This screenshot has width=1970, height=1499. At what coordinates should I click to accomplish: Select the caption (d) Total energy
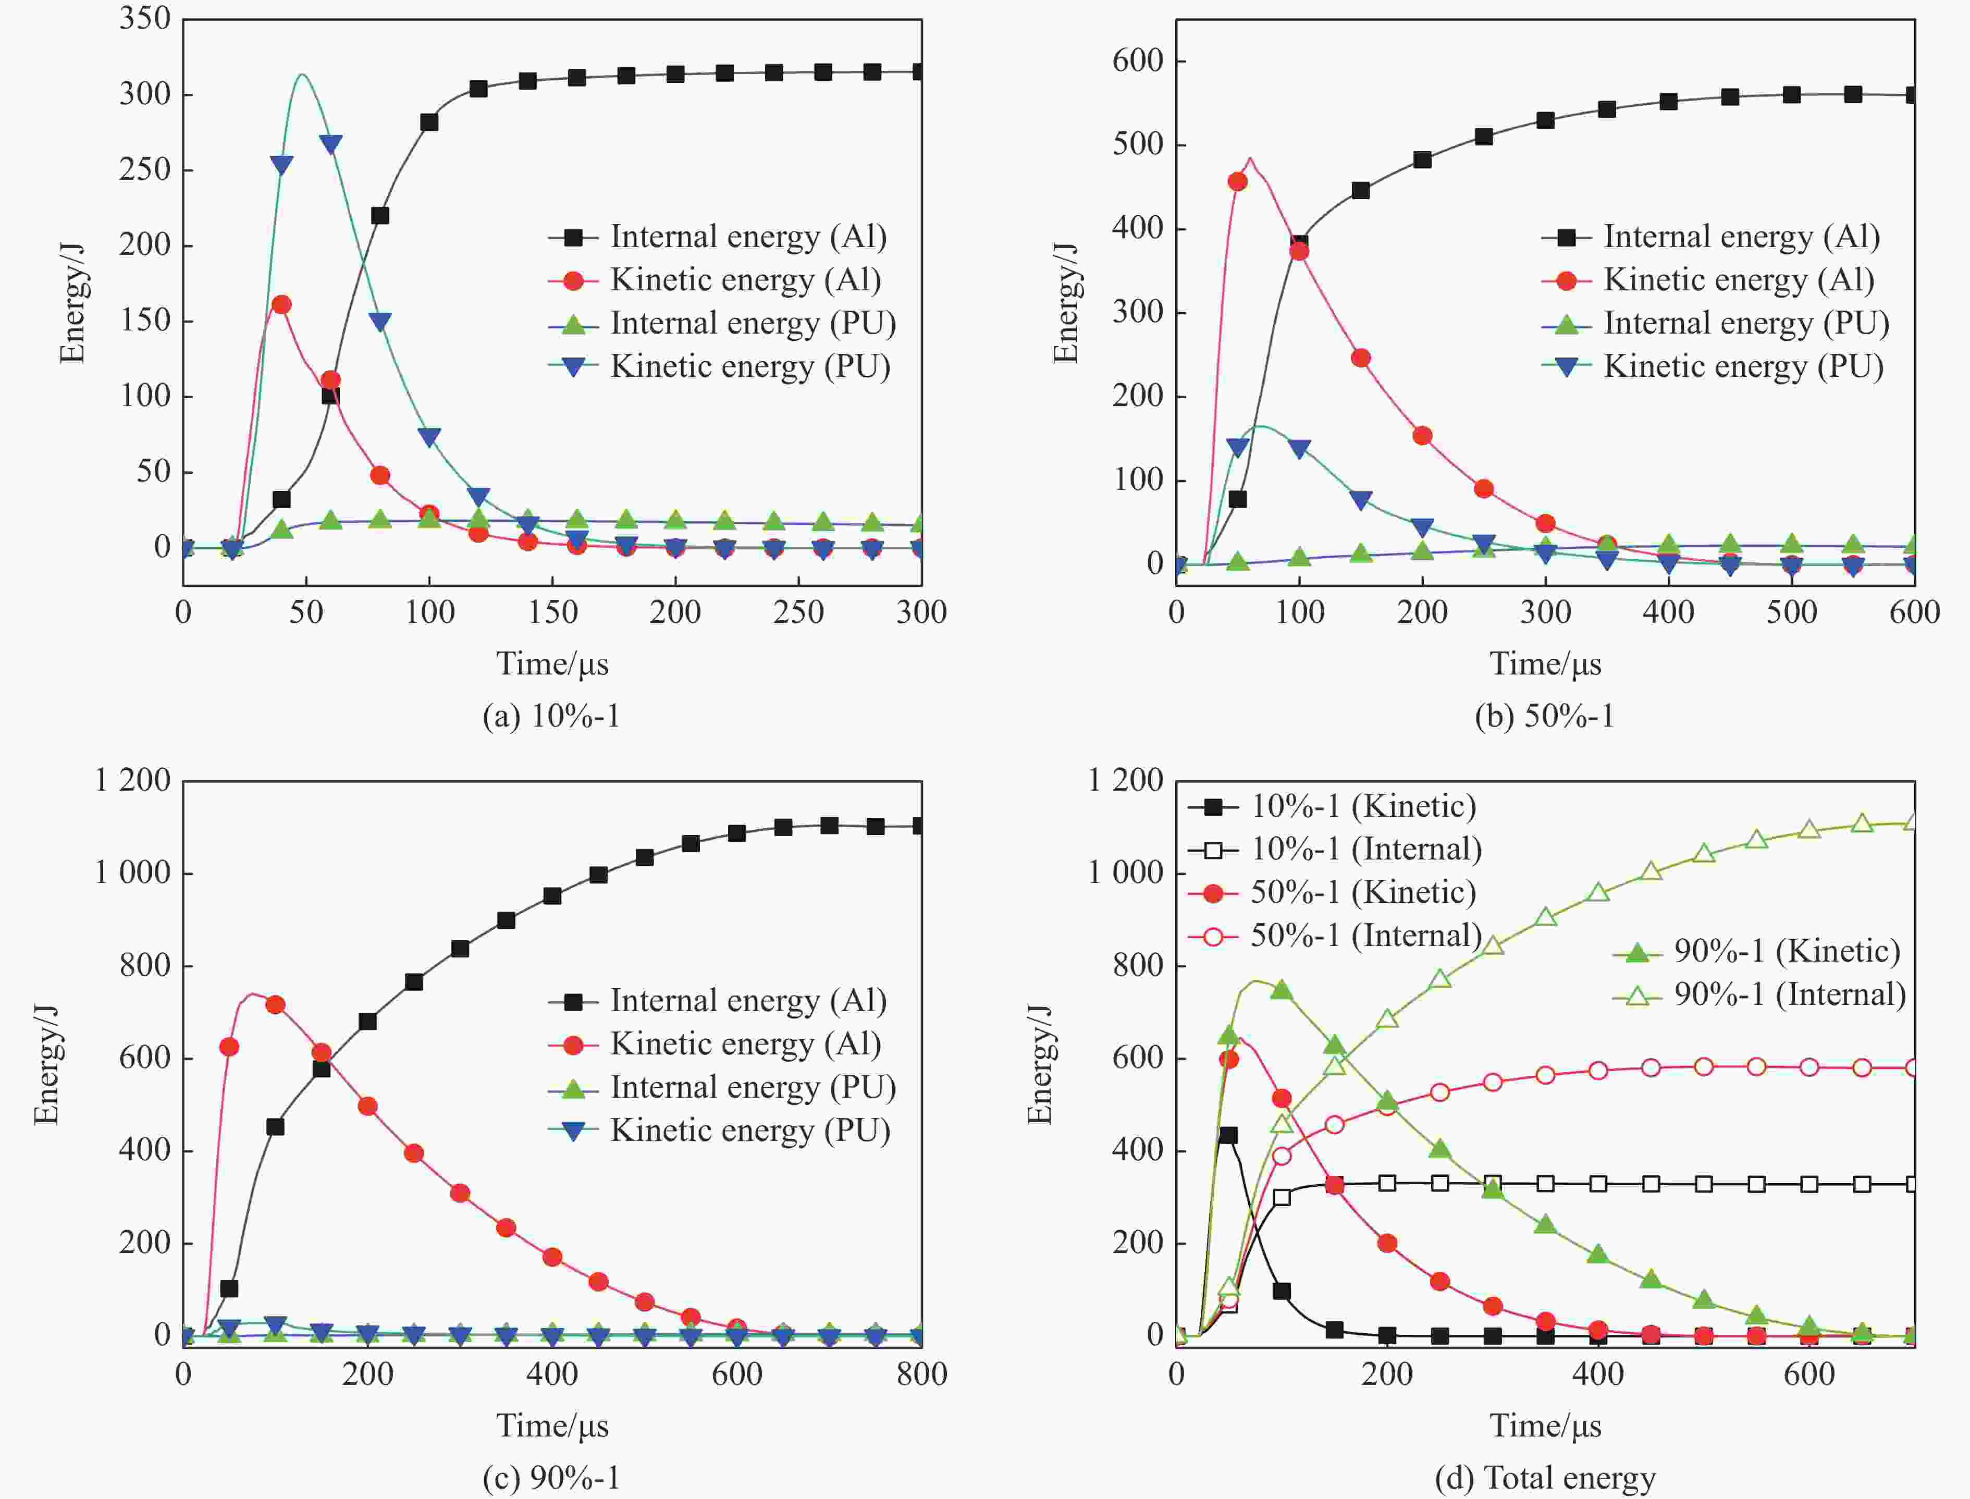point(1544,1479)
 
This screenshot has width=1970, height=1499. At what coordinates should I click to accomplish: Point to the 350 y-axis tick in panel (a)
point(144,19)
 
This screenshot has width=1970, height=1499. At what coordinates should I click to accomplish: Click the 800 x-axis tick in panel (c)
point(921,1374)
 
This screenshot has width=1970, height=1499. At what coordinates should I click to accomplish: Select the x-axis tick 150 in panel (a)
point(552,612)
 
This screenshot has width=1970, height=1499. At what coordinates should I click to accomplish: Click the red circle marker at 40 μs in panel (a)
point(281,304)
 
